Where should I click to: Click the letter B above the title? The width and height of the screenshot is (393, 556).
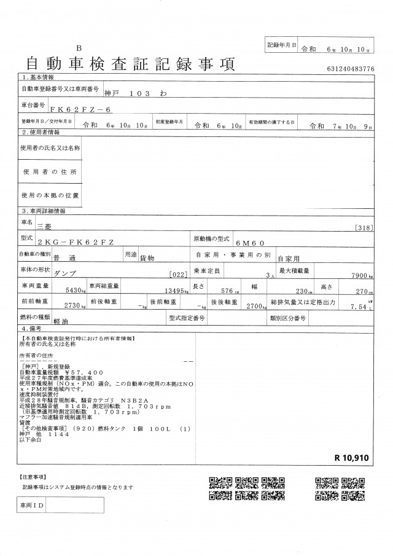pos(79,48)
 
